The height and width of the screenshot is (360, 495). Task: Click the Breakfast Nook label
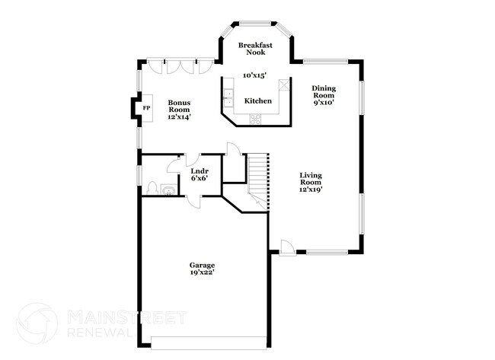pos(255,50)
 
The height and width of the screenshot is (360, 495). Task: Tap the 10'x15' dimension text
pos(254,75)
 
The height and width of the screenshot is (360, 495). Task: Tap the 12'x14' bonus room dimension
pos(179,116)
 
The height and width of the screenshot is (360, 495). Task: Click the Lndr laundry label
pos(200,170)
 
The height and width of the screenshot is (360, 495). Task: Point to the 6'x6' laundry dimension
pos(200,179)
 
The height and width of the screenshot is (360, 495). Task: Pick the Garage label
pos(202,265)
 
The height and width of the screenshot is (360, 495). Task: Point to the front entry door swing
pos(286,247)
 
